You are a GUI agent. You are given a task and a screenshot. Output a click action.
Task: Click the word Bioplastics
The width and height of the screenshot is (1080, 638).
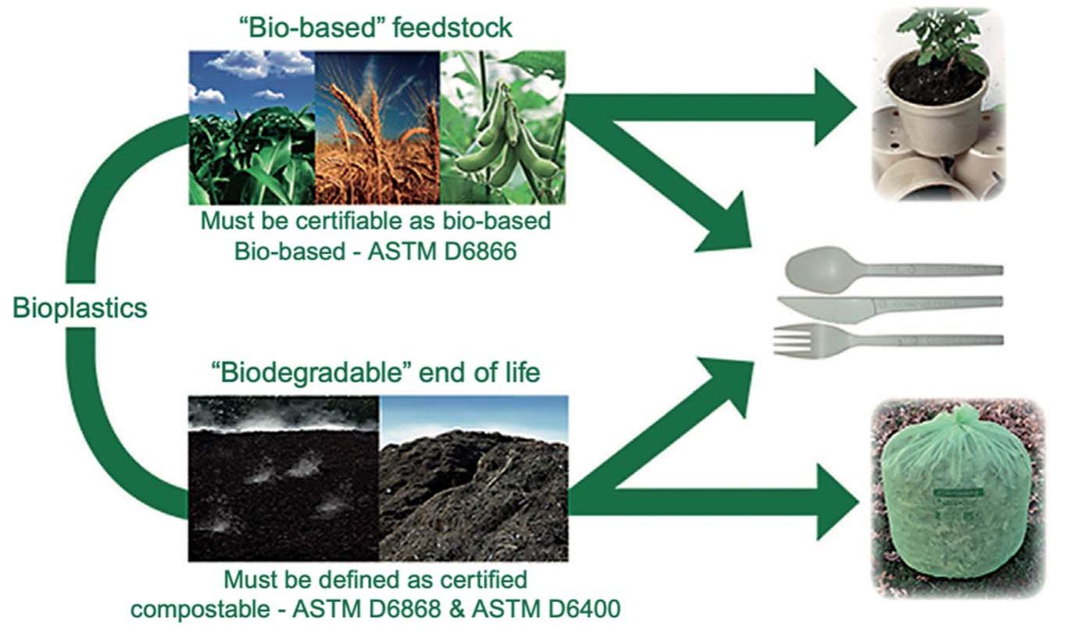click(x=80, y=308)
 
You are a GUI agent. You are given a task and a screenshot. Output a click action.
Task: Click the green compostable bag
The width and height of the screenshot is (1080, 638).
click(x=957, y=508)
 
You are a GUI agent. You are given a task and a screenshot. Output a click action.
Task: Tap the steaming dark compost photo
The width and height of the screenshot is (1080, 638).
click(x=283, y=478)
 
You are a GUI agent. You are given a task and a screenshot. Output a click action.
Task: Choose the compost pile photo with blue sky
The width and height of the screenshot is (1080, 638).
click(x=474, y=478)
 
